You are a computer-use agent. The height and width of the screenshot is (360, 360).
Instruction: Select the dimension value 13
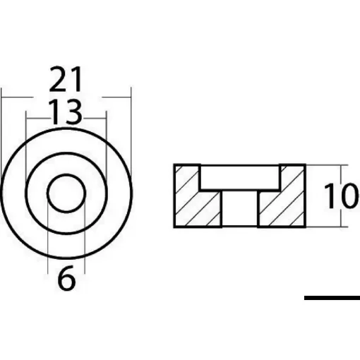tap(66, 111)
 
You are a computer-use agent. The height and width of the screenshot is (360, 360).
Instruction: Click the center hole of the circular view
tap(66, 191)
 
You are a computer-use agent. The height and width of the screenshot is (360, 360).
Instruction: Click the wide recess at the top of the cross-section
tap(240, 176)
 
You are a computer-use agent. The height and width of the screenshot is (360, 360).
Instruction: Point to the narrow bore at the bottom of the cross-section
tap(240, 209)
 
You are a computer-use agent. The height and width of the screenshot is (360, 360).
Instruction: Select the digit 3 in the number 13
tap(73, 111)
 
